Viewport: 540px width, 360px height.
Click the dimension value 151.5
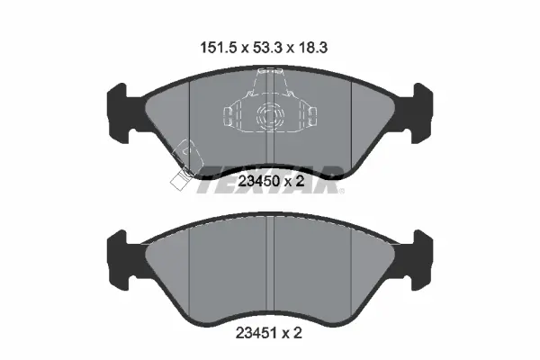219,48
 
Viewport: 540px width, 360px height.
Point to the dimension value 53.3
267,48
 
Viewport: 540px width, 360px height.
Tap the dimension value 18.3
312,48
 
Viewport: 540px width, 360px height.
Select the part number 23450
258,181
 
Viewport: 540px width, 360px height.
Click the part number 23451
256,333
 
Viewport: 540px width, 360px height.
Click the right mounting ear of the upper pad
420,113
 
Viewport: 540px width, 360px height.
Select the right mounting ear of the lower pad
420,260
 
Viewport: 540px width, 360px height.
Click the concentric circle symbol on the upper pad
270,116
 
